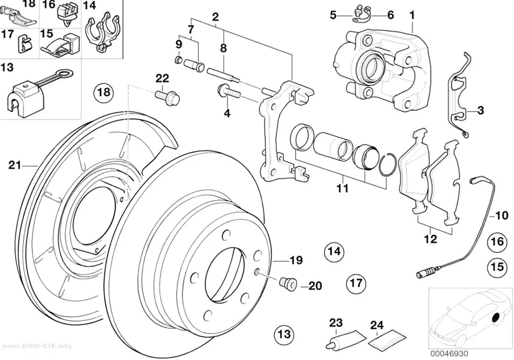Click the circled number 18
point(104,92)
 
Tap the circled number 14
point(334,251)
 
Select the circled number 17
point(356,283)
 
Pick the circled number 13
point(284,334)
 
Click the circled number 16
point(497,241)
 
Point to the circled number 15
point(497,266)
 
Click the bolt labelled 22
point(167,97)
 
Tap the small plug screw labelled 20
point(288,283)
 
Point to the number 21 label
point(14,166)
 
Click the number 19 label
point(296,261)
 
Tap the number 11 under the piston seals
point(342,189)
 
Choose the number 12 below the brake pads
point(430,239)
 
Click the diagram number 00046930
point(449,354)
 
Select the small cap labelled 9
point(178,60)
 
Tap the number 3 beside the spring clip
point(480,110)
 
